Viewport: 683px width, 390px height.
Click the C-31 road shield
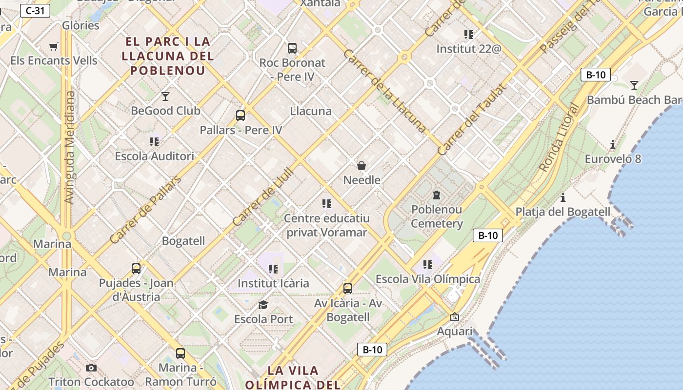click(35, 10)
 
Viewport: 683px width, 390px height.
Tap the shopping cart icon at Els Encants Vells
click(54, 47)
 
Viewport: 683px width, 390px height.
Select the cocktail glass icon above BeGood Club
click(165, 97)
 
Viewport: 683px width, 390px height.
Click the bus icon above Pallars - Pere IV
click(240, 116)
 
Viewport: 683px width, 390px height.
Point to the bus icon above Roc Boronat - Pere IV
click(292, 48)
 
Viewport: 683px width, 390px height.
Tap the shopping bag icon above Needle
click(362, 166)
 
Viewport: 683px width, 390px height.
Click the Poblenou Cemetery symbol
click(437, 195)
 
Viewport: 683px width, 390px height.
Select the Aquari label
click(455, 331)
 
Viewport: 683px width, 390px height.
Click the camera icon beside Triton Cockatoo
click(91, 368)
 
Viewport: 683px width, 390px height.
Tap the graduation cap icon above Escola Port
click(263, 305)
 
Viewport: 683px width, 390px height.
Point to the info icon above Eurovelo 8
click(613, 145)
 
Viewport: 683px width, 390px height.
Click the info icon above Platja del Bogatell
click(563, 197)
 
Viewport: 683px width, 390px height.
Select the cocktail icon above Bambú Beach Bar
click(634, 85)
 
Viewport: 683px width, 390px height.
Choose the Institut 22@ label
click(468, 49)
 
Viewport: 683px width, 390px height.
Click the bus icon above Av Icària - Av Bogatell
click(347, 289)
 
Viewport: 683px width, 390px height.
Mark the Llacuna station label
click(311, 111)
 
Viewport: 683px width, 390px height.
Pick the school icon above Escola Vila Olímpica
click(428, 265)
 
